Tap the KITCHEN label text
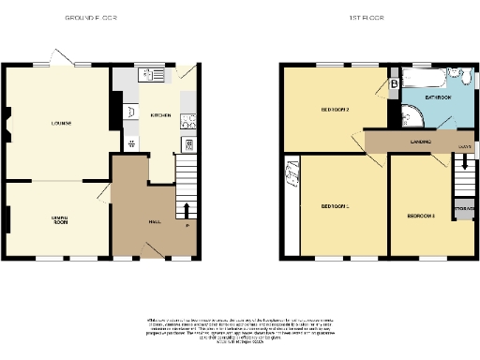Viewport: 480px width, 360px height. click(161, 115)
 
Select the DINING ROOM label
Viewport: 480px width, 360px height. click(60, 221)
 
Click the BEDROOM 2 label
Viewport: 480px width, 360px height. click(336, 111)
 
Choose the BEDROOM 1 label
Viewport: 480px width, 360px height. click(336, 206)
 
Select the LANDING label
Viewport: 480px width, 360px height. click(420, 142)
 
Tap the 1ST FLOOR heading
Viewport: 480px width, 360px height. click(369, 18)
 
